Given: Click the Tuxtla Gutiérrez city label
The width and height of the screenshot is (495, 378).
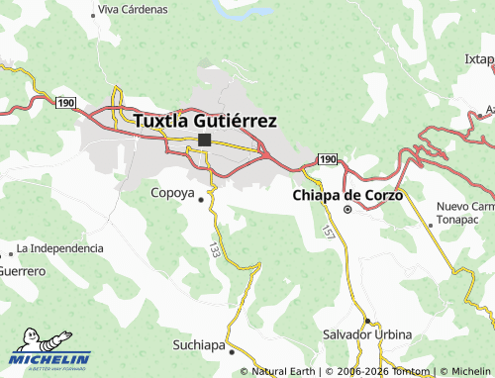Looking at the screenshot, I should coord(204,121).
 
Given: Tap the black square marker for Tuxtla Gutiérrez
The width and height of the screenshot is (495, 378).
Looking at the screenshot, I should coord(204,141).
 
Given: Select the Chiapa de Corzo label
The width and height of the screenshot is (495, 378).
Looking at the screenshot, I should coord(347,195).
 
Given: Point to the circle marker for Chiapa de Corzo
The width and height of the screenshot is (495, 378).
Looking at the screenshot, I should coord(347,210).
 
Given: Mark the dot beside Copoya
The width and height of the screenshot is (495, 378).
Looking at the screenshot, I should coord(202,199).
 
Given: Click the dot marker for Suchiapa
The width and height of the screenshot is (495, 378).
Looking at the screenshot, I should coord(232,350).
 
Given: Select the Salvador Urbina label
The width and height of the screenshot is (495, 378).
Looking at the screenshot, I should coord(367,334).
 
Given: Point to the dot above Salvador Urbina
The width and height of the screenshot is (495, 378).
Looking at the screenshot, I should coord(366,321).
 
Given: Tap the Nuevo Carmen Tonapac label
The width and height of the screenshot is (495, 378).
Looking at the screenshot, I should coord(465,213).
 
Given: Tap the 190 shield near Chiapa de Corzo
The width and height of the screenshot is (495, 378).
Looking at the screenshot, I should coord(328,159).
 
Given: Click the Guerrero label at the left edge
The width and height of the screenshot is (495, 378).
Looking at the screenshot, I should coord(22,270).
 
